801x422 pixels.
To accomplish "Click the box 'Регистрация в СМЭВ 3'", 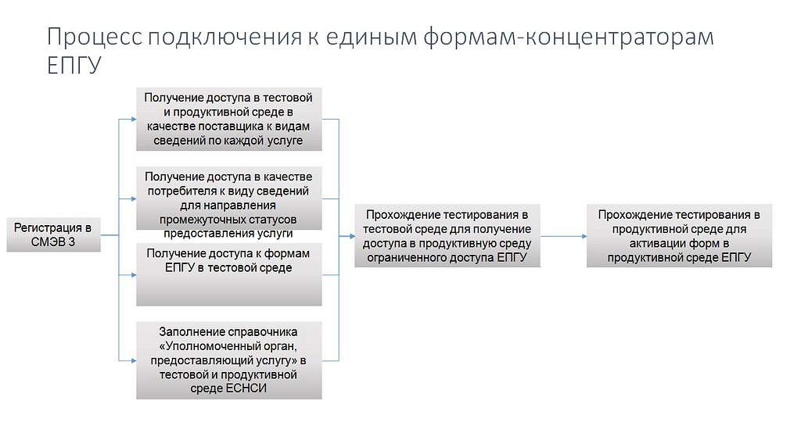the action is (x=54, y=234).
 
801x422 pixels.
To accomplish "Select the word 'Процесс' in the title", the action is (x=95, y=38).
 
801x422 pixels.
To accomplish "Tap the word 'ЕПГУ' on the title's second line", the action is (x=74, y=66).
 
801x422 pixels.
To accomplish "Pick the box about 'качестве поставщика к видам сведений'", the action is (x=229, y=119).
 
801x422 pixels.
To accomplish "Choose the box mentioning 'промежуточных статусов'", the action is (x=229, y=198).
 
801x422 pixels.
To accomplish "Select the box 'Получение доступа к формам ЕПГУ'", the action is (x=229, y=274).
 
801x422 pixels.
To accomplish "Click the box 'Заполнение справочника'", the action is (x=229, y=360).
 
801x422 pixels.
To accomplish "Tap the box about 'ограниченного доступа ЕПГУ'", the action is (x=447, y=236).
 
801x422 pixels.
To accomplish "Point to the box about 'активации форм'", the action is (x=679, y=236).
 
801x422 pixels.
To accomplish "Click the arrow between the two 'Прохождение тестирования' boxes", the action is (x=563, y=236).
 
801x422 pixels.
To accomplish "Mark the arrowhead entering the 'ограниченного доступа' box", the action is (x=352, y=236).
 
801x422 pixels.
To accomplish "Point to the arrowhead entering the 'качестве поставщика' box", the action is (x=134, y=120).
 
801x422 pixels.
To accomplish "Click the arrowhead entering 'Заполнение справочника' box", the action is (x=134, y=361).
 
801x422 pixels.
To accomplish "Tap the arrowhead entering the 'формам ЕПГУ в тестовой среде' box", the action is (x=134, y=275).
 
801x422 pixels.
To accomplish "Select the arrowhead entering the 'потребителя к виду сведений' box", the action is (x=134, y=199).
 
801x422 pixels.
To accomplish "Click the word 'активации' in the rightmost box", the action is (x=658, y=243).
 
